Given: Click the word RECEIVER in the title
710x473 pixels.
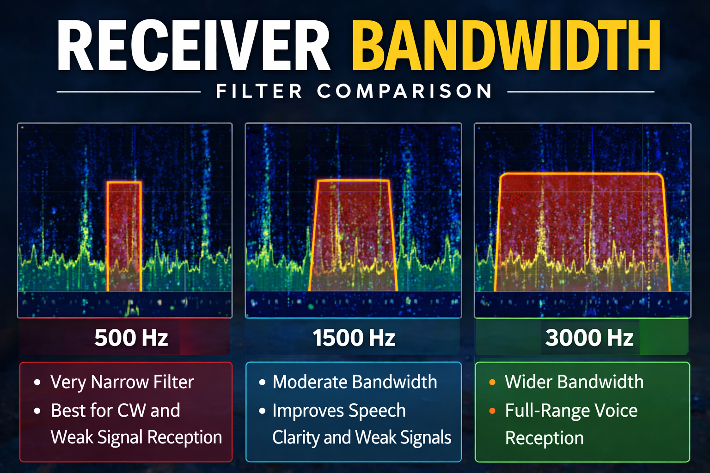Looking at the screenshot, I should pyautogui.click(x=193, y=46).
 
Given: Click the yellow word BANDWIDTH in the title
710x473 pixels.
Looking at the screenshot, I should pyautogui.click(x=506, y=46).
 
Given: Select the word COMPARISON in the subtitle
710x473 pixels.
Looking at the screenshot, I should pyautogui.click(x=405, y=91).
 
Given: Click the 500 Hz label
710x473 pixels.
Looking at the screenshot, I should pyautogui.click(x=131, y=338).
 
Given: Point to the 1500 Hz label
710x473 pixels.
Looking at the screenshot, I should pyautogui.click(x=354, y=338).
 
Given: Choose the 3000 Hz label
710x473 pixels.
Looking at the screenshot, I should pyautogui.click(x=589, y=338).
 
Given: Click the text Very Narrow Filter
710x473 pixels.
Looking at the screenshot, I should pyautogui.click(x=122, y=382).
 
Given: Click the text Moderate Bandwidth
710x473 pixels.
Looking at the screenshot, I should pyautogui.click(x=355, y=382).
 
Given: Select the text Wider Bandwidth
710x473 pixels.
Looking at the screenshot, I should pyautogui.click(x=574, y=382).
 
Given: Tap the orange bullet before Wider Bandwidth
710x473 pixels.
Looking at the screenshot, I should pyautogui.click(x=492, y=382).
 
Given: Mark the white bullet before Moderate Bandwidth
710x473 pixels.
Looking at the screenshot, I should pyautogui.click(x=262, y=382).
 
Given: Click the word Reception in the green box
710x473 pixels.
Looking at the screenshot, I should pyautogui.click(x=544, y=438).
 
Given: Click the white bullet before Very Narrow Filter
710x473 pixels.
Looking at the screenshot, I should pyautogui.click(x=37, y=382).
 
